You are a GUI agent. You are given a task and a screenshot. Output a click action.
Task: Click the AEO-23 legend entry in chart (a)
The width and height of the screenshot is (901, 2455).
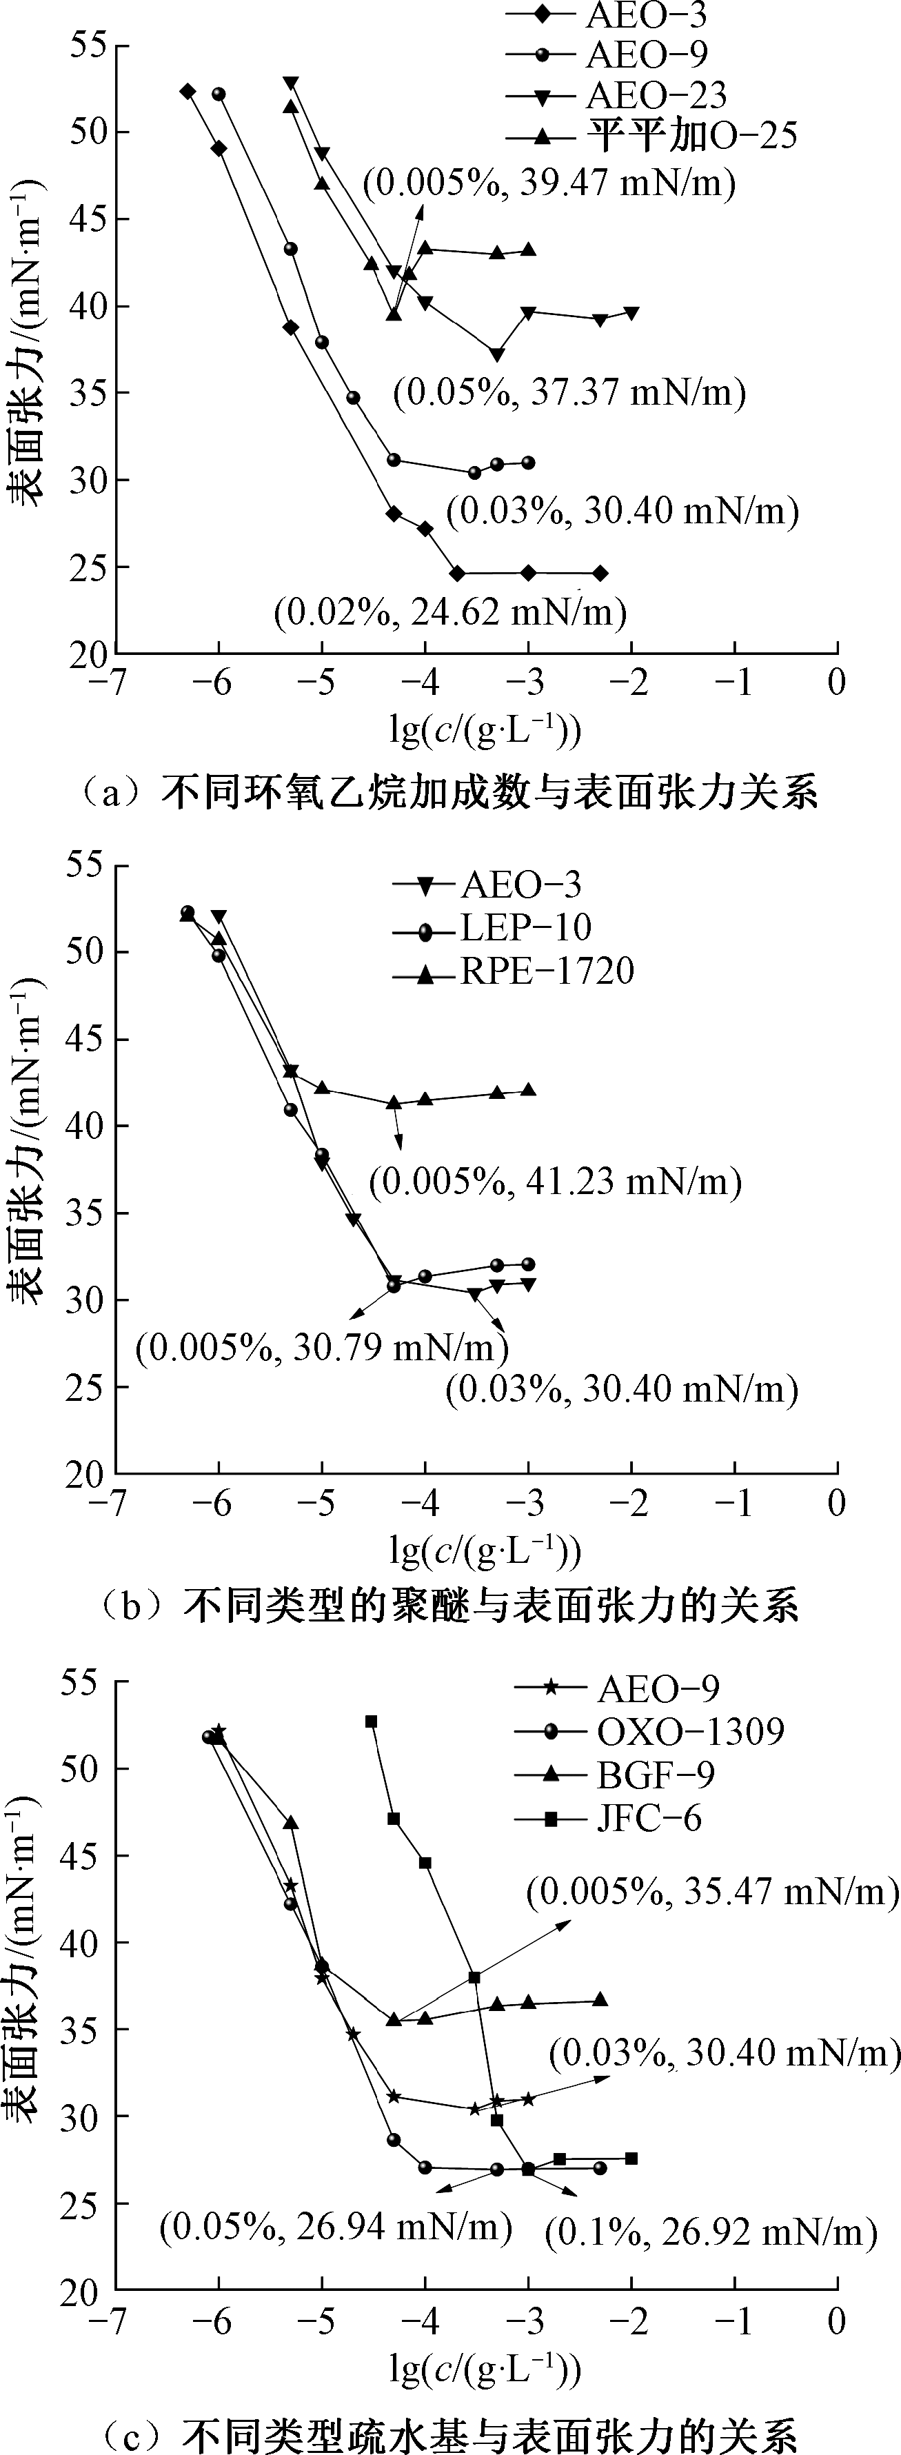(x=656, y=95)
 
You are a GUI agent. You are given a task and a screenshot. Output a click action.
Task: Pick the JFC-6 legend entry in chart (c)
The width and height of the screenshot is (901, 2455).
(x=648, y=1819)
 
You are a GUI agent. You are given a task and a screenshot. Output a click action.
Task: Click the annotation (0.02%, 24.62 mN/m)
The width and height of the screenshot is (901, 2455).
(x=450, y=611)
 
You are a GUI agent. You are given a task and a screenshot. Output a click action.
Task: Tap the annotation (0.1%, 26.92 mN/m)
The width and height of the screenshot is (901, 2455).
(x=710, y=2231)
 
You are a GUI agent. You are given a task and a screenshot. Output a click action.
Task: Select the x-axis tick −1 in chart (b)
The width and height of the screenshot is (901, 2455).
(x=735, y=1503)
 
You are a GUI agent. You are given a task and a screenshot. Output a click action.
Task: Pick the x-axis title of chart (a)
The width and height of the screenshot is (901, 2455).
(x=485, y=731)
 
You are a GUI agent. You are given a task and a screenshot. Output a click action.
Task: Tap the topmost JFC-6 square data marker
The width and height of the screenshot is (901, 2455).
(x=371, y=1721)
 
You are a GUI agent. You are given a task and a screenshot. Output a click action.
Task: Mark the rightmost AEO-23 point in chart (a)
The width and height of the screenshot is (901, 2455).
(x=631, y=312)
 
